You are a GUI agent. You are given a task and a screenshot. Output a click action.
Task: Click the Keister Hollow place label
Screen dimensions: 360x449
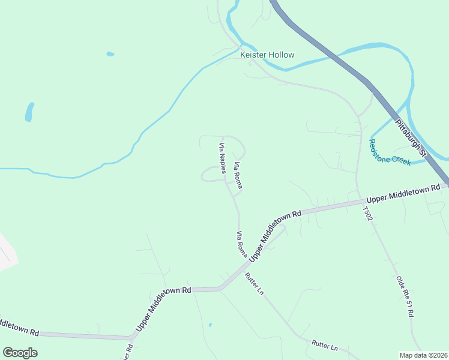(x=267, y=55)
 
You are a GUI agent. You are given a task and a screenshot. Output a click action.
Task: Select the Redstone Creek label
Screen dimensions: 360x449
(x=390, y=153)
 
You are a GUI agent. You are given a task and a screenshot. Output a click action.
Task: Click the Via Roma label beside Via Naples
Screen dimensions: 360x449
(x=237, y=176)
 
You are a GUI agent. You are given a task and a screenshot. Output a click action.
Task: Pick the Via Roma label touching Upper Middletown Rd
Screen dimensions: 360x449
(x=242, y=244)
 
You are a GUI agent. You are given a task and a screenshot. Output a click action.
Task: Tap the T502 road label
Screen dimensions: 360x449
(x=367, y=214)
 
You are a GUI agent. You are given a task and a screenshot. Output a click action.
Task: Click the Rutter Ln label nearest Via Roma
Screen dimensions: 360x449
(x=253, y=284)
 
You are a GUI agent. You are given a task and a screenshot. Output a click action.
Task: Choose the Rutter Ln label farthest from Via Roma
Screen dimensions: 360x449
(x=325, y=347)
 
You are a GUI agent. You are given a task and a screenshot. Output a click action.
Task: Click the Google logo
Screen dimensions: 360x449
(x=20, y=353)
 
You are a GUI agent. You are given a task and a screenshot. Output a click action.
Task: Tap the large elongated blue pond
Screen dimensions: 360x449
(x=29, y=112)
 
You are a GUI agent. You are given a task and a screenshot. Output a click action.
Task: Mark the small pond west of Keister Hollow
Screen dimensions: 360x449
(x=110, y=54)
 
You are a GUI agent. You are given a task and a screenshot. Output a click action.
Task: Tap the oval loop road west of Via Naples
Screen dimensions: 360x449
(x=210, y=175)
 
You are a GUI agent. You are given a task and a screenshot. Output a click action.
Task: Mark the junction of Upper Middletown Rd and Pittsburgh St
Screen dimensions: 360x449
(x=445, y=184)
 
